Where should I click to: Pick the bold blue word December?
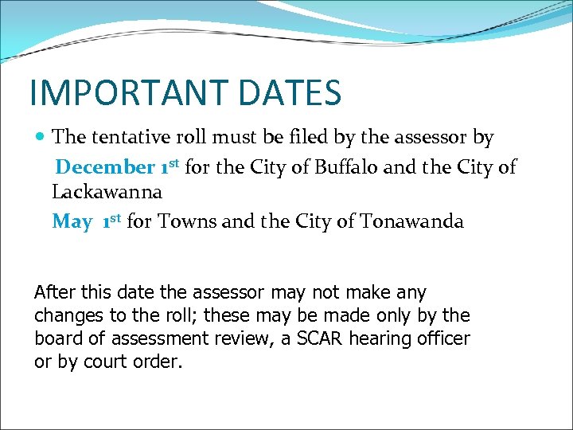tap(105, 167)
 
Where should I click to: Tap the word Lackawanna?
tap(107, 192)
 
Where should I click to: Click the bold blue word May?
tap(72, 221)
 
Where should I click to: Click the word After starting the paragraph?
tap(57, 293)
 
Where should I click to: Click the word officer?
tap(445, 338)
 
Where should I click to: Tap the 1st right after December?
tap(170, 166)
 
